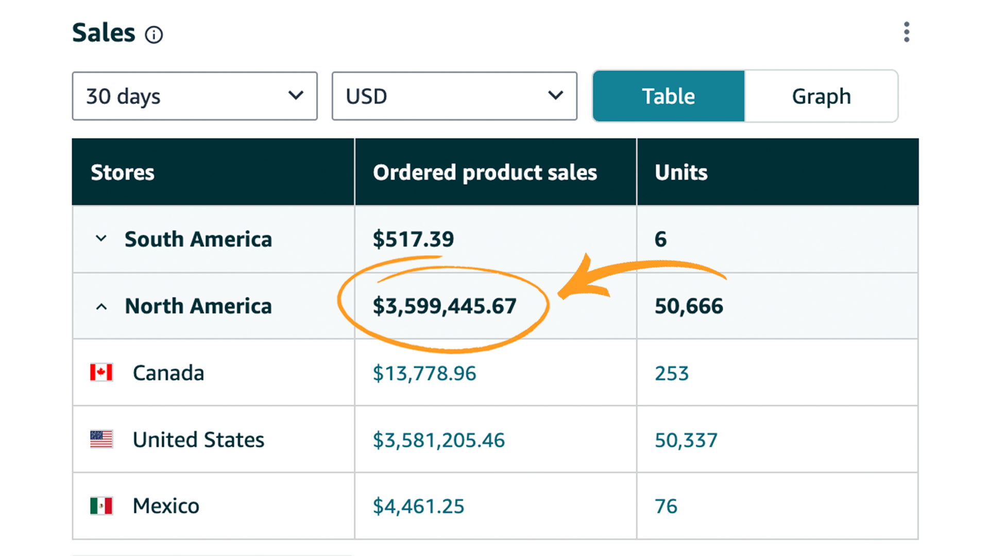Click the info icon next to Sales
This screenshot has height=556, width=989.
click(154, 35)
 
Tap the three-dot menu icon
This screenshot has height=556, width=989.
click(907, 32)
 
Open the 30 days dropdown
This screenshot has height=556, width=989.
click(194, 96)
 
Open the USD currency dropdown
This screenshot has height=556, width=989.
click(454, 96)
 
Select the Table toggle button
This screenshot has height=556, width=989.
click(668, 96)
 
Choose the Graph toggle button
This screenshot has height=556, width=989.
click(821, 96)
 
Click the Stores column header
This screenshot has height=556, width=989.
click(123, 172)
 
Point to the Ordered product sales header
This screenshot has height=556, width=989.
click(485, 172)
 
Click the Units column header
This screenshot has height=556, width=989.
click(681, 172)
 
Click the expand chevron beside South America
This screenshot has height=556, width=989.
click(101, 239)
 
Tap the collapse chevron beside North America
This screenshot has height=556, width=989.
click(101, 307)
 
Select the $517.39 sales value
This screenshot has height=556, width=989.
click(413, 239)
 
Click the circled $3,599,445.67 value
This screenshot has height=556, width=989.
click(444, 306)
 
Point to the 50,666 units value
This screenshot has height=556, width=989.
click(689, 306)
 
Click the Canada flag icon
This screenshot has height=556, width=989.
click(101, 372)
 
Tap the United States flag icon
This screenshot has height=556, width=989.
click(101, 439)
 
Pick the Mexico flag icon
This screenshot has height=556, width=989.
click(101, 506)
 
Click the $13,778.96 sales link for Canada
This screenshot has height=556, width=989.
click(424, 373)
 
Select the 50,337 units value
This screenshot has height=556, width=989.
click(686, 440)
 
